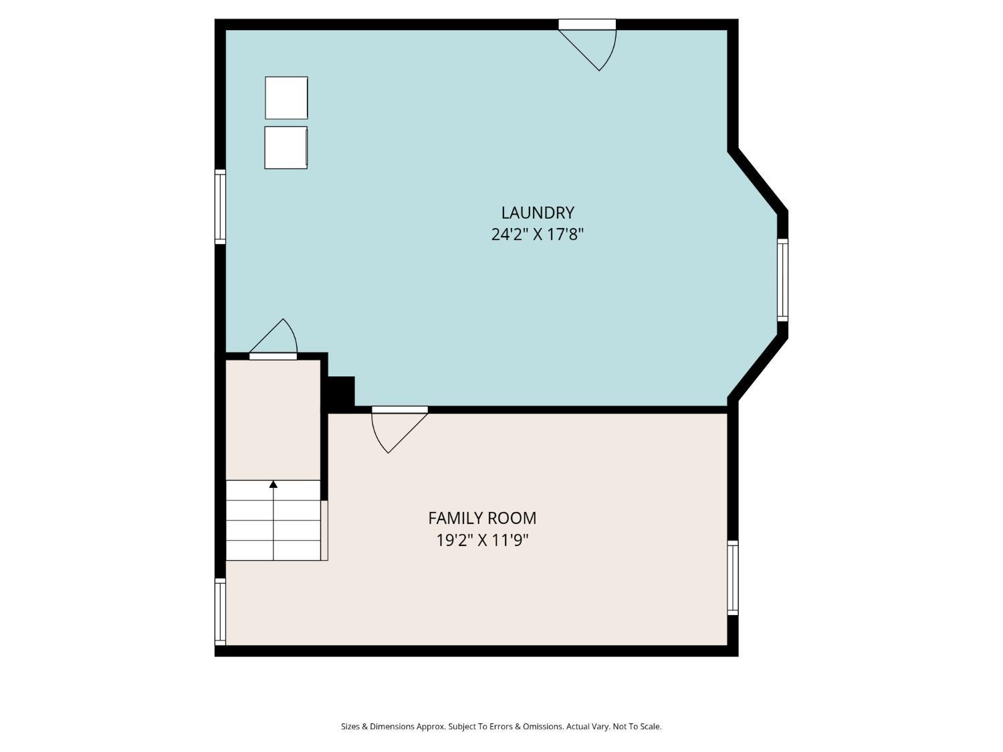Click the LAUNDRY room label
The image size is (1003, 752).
pyautogui.click(x=538, y=213)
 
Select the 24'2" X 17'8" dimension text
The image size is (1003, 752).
pyautogui.click(x=538, y=235)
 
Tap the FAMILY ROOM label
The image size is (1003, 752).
pyautogui.click(x=482, y=518)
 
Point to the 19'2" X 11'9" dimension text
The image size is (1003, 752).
pyautogui.click(x=482, y=540)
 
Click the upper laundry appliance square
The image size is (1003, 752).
pyautogui.click(x=286, y=98)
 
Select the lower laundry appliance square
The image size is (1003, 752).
pyautogui.click(x=286, y=148)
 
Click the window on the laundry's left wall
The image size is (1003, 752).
pyautogui.click(x=220, y=207)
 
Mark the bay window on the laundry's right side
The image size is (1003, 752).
pyautogui.click(x=782, y=279)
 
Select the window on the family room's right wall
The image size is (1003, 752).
pyautogui.click(x=733, y=578)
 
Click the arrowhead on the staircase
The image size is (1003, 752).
pyautogui.click(x=273, y=484)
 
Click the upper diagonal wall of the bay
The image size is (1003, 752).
pyautogui.click(x=758, y=181)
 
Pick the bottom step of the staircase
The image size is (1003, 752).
pyautogui.click(x=273, y=551)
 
